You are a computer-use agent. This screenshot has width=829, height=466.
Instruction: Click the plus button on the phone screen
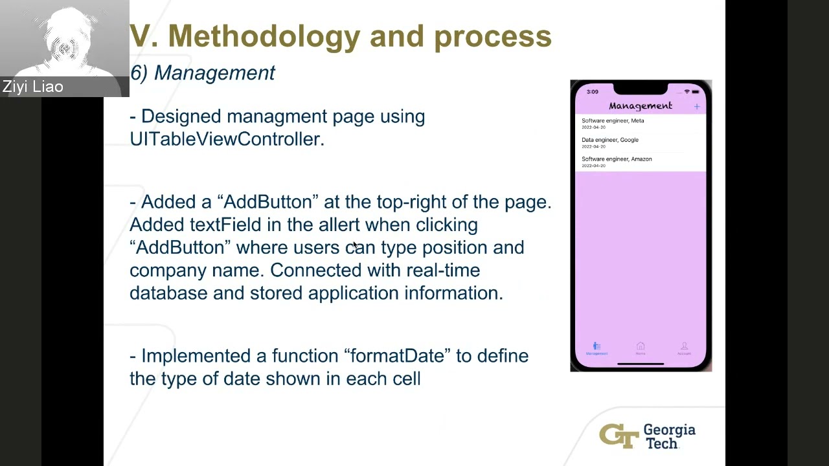click(697, 106)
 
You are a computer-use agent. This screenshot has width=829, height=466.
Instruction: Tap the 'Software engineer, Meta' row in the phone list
click(613, 123)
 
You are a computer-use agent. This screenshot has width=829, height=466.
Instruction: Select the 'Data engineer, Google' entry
click(610, 142)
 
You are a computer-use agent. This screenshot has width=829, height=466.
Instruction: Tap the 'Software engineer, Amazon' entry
click(617, 161)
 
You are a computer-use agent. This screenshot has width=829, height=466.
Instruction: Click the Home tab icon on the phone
click(641, 348)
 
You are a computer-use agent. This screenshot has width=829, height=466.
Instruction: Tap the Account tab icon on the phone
click(684, 348)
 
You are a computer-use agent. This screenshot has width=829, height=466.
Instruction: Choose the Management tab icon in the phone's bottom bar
click(596, 348)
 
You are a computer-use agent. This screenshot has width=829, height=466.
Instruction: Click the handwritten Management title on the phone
click(640, 106)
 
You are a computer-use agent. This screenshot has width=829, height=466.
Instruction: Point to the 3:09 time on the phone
click(593, 92)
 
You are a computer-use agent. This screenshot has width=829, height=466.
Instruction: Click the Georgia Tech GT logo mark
click(619, 436)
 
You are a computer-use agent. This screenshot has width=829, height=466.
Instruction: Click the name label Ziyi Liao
click(32, 87)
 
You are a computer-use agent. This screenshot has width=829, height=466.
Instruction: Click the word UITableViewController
click(227, 139)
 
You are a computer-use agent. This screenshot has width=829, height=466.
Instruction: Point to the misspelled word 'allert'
click(339, 225)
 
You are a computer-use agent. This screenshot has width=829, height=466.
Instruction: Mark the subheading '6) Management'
click(203, 73)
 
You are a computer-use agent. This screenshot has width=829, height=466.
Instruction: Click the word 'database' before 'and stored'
click(168, 293)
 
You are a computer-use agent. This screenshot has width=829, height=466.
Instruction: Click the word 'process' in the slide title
click(492, 36)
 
